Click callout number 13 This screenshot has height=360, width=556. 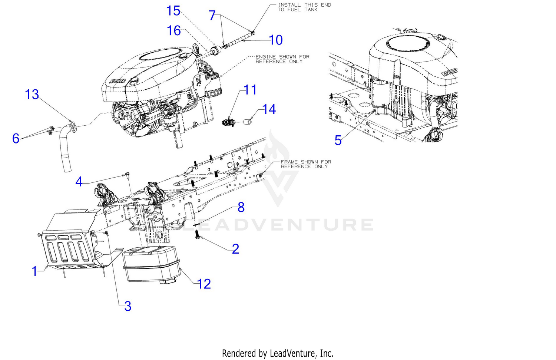pos(32,95)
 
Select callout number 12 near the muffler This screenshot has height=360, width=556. pos(204,284)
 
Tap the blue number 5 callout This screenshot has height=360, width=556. pos(338,140)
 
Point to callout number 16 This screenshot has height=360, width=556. pos(174,30)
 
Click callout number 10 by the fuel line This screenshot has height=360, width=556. pos(276,40)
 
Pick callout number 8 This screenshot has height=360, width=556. pos(241,207)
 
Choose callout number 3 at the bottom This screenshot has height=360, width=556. pos(128,306)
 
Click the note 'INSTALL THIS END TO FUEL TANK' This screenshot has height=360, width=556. pos(304,7)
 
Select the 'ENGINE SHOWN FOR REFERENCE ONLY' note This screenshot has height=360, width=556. pos(282,59)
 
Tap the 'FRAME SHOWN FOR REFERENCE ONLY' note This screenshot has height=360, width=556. pos(306,164)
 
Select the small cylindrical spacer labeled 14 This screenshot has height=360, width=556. pos(247,122)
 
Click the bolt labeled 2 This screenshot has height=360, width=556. pos(197,234)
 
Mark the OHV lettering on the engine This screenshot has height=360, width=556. pos(125,116)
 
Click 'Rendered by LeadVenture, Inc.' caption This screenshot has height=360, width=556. pos(278,353)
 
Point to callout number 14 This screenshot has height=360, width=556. pos(269,109)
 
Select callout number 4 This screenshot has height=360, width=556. pos(79,182)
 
